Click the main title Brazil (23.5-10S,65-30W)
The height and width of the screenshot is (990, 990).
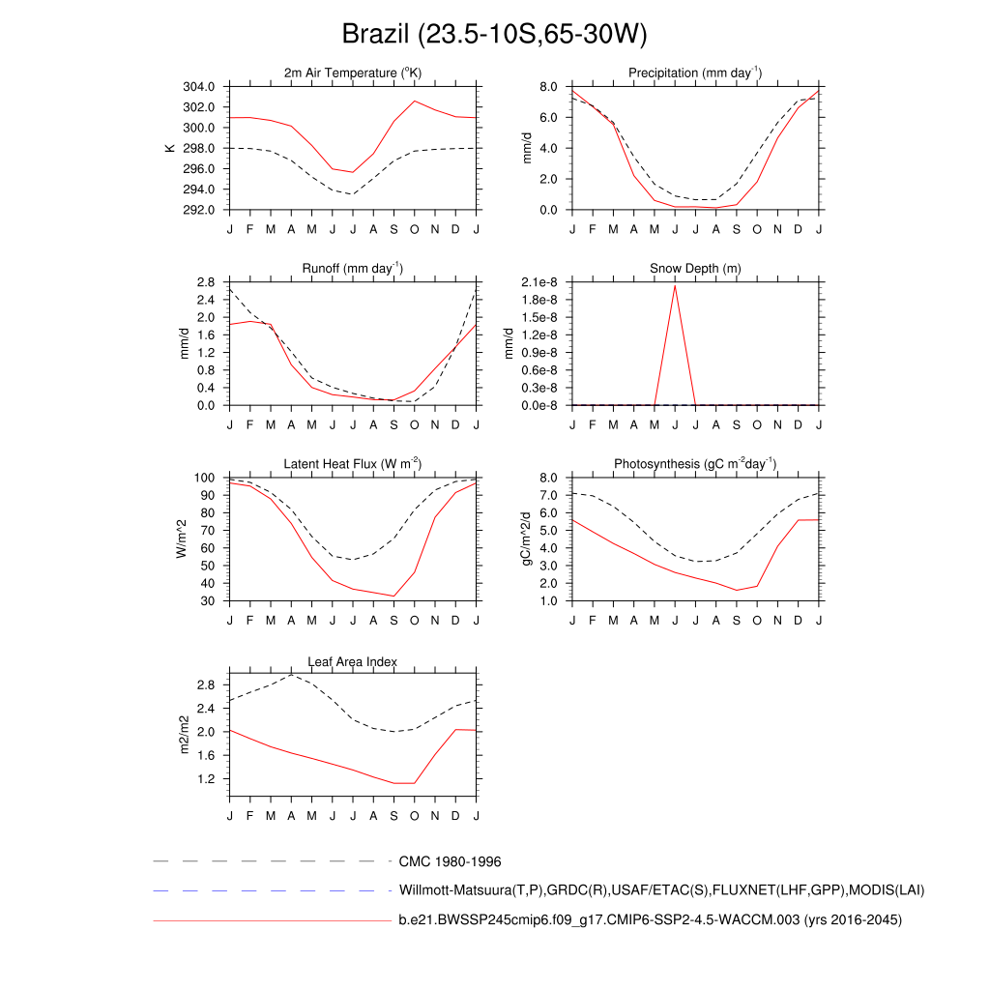494,35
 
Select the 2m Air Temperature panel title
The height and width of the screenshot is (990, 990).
353,73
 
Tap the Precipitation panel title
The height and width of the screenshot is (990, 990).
694,73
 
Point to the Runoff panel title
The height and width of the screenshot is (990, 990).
353,269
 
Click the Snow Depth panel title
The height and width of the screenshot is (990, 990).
695,269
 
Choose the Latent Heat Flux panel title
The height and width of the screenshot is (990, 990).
353,464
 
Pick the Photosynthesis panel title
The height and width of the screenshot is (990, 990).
695,464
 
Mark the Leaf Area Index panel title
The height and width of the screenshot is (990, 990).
353,662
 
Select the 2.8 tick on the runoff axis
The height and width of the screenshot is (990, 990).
205,282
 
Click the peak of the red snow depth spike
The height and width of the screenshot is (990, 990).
675,285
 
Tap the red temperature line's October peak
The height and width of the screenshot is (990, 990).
415,101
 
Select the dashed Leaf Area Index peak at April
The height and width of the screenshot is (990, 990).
291,674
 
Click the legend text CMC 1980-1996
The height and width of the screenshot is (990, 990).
450,860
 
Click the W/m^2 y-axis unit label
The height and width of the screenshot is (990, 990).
181,539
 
